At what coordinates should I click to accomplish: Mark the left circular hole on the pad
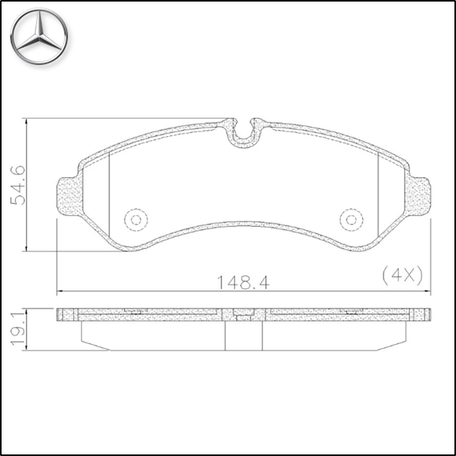coord(135,220)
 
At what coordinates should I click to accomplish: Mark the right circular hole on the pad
coord(351,220)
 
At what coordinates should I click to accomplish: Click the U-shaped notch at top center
coord(245,135)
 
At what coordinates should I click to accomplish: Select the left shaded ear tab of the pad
coord(69,193)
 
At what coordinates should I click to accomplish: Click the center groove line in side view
coord(226,336)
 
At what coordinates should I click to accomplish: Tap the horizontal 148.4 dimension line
coord(158,290)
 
